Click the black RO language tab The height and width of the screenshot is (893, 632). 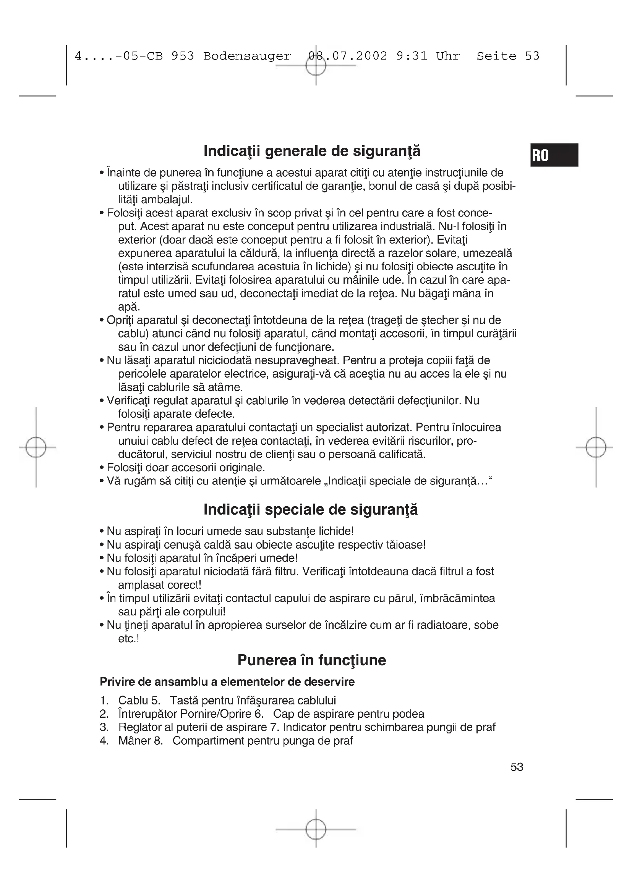[554, 155]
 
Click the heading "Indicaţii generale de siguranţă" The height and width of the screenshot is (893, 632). [312, 151]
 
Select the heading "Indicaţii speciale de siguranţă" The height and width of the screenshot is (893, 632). [311, 510]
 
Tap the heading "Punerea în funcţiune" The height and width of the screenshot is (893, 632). [312, 660]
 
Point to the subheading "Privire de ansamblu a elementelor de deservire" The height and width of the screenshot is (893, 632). [227, 682]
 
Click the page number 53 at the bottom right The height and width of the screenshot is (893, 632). [517, 767]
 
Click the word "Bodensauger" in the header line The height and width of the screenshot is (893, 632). [247, 56]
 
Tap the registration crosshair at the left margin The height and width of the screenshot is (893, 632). [36, 447]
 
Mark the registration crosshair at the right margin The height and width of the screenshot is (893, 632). [596, 447]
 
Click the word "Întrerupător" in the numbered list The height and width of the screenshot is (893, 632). [147, 714]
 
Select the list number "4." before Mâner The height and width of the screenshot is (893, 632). [104, 741]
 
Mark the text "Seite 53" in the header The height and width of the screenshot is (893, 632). [508, 56]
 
